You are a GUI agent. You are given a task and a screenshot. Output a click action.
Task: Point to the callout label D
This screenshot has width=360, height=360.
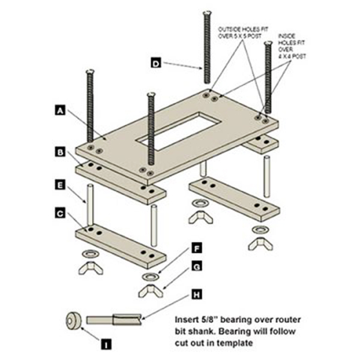click(155, 63)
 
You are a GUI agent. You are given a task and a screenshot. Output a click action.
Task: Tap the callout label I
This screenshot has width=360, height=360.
click(106, 344)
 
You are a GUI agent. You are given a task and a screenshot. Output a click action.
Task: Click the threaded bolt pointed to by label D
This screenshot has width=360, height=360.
click(207, 48)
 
